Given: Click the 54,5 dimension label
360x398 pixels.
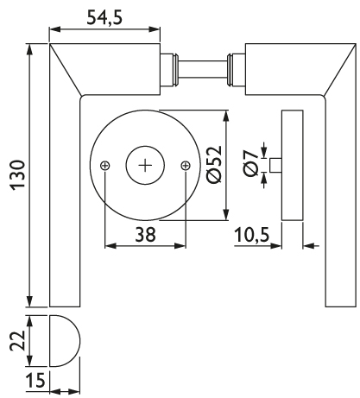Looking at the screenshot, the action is [x=104, y=17].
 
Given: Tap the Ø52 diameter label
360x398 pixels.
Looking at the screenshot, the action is [x=214, y=165].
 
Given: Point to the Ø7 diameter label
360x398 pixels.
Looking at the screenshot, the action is [x=250, y=163].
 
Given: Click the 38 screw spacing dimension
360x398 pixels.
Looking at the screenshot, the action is [x=145, y=234].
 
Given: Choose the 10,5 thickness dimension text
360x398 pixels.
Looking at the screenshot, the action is [x=252, y=235].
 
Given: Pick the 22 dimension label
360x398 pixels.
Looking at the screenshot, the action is [x=18, y=341].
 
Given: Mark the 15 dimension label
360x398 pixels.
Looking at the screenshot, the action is [x=35, y=380].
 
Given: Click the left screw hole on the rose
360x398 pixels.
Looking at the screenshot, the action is [x=105, y=166].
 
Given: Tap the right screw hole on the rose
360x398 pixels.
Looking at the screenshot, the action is [x=186, y=166].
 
